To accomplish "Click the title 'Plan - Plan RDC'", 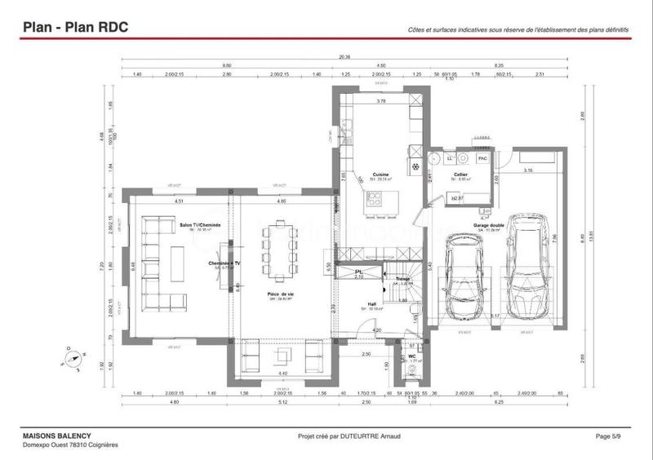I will click(x=74, y=28).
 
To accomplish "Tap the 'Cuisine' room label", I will click(x=380, y=175).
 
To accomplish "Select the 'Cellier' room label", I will click(x=461, y=175).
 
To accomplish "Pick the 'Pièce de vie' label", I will click(x=280, y=294).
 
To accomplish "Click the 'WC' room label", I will click(x=411, y=356).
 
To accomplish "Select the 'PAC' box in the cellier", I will click(x=482, y=158).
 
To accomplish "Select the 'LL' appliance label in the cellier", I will click(x=450, y=157).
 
